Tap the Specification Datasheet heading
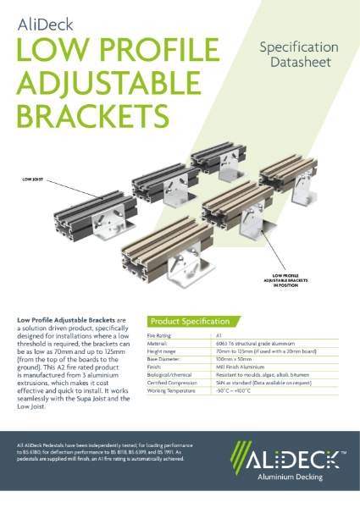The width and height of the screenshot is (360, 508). [298, 54]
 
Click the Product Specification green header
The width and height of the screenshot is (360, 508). [190, 322]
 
